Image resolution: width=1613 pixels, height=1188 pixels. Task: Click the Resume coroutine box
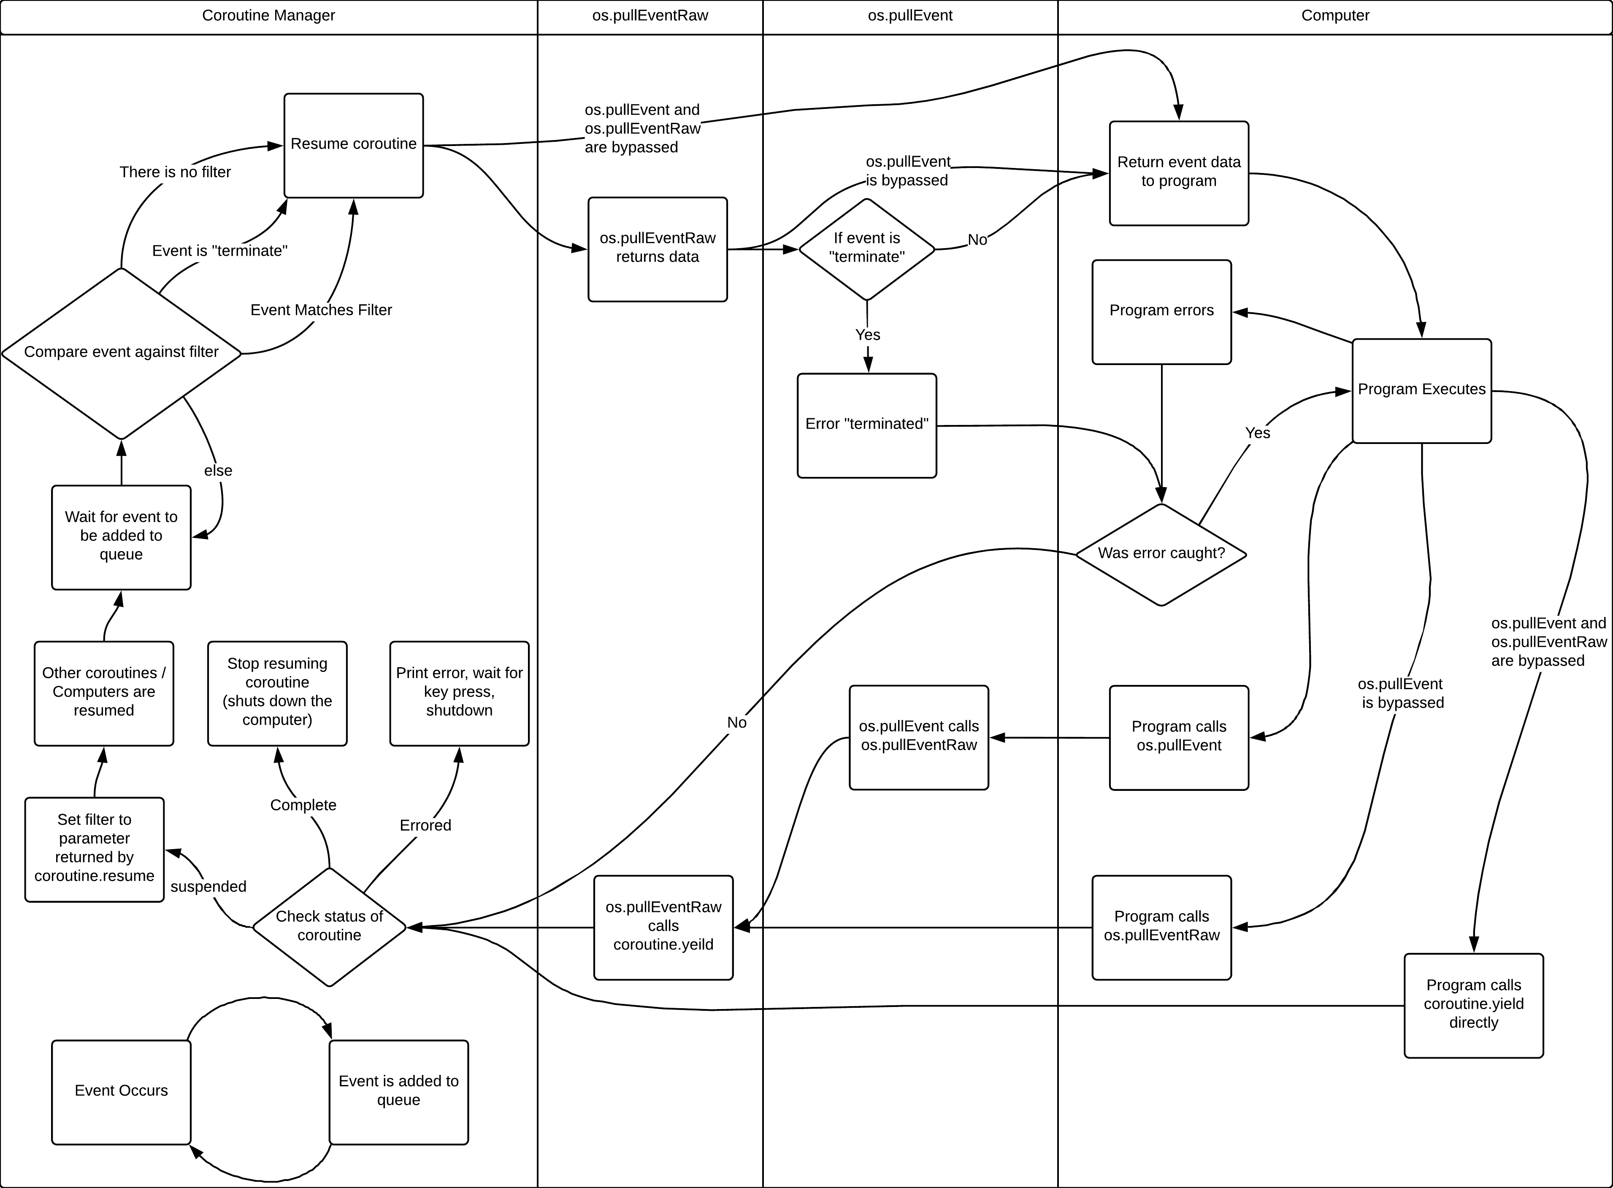353,145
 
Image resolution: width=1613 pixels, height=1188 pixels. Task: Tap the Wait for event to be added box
121,537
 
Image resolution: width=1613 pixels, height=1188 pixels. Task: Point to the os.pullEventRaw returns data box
657,249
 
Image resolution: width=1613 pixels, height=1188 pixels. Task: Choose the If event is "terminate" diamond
866,249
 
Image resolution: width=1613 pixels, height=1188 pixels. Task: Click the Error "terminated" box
866,425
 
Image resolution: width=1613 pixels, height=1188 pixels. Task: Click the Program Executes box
1422,390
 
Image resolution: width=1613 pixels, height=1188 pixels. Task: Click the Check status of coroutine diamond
329,927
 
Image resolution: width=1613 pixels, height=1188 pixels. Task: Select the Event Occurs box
121,1092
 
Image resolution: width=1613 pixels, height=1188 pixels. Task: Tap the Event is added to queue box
398,1092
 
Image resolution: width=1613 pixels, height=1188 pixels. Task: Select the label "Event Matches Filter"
321,310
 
